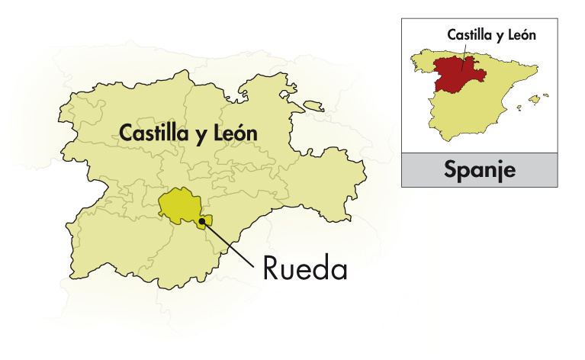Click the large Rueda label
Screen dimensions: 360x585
coord(305,268)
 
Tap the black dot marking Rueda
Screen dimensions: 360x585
coord(202,222)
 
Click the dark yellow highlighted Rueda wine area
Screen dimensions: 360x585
coord(176,204)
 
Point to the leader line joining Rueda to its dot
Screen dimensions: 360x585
coord(229,244)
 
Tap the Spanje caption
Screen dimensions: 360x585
coord(480,169)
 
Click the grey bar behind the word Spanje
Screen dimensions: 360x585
coord(427,169)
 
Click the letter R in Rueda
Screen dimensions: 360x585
coord(272,268)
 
